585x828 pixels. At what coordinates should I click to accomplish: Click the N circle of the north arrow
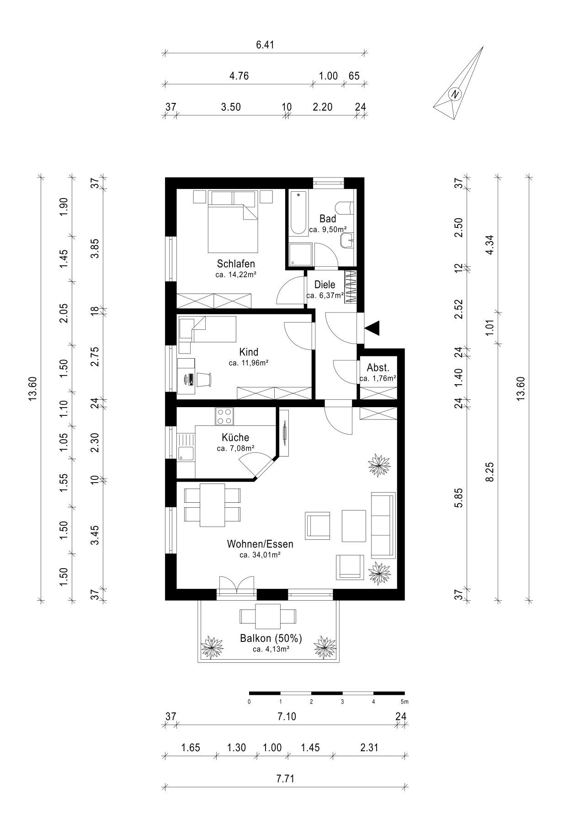tap(454, 94)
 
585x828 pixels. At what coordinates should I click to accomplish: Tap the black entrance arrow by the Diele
tap(372, 328)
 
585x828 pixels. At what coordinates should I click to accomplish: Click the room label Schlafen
tap(236, 264)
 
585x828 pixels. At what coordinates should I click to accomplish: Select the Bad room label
tap(328, 219)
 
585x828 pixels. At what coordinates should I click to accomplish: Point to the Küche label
tap(236, 438)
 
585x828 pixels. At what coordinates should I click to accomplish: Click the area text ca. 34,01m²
tap(260, 555)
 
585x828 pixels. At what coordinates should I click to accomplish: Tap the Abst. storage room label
tap(378, 368)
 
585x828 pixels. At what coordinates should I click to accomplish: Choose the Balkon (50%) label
tap(271, 639)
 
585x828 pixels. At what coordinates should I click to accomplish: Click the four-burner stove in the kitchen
tap(224, 416)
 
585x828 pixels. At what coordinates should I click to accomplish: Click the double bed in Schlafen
tap(233, 221)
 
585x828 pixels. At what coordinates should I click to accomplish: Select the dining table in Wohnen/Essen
tap(212, 505)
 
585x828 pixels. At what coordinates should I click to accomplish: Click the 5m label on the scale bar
tap(404, 701)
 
